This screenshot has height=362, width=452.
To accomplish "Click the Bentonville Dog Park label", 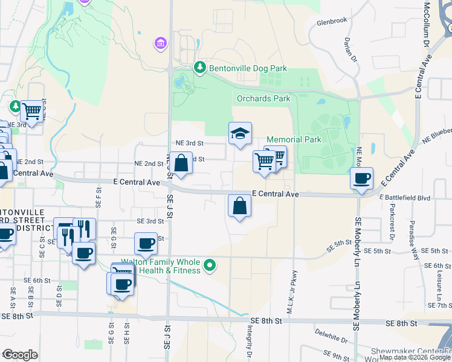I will point(248,69).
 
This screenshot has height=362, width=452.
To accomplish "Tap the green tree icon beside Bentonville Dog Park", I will point(199,68).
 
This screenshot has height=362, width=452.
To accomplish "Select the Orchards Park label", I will point(263,98).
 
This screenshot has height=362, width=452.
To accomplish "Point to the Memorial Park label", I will point(294,139).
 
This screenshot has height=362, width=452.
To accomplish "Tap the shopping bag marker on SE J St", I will point(181,163).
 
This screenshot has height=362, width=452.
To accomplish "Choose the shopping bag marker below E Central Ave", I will point(240,206).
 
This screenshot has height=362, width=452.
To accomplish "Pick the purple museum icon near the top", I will point(160,43).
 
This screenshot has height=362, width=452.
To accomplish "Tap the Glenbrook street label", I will point(332,21).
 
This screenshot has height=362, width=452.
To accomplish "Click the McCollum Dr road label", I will point(427,25).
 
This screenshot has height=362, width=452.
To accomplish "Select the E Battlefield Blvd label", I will point(404,197).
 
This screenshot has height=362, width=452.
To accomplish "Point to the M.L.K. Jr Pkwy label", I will point(294,276).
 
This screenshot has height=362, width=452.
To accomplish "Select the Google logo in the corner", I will point(20,355).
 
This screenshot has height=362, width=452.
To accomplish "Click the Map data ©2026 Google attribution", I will point(414,357).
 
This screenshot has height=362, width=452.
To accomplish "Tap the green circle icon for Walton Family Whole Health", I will point(210,265).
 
